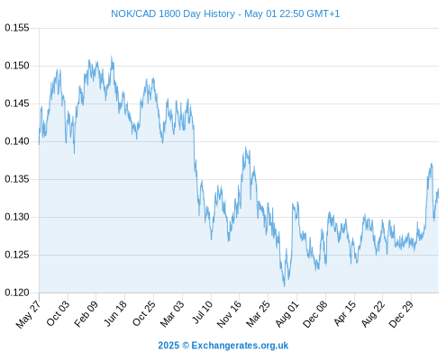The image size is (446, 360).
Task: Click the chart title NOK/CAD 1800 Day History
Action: pos(173,13)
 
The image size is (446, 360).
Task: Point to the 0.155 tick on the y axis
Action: pos(17,28)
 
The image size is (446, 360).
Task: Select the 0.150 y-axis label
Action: pos(17,66)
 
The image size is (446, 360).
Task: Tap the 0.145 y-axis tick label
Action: pos(17,103)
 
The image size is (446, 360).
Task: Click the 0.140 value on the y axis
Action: pos(17,141)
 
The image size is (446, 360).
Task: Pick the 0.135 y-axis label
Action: pos(17,179)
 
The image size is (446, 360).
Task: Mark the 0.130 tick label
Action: pos(17,217)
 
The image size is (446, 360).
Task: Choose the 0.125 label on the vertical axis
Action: pos(17,255)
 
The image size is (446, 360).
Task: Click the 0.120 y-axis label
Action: pos(17,292)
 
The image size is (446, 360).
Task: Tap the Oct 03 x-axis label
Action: pos(58,313)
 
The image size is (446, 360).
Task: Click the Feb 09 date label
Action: pos(86,313)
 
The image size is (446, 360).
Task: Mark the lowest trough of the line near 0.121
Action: pos(284,286)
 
